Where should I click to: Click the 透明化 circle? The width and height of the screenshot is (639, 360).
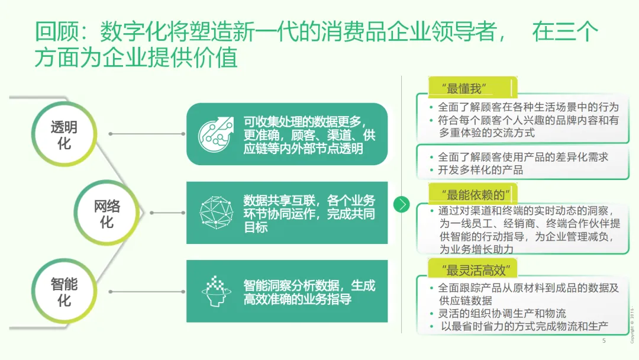pyautogui.click(x=64, y=135)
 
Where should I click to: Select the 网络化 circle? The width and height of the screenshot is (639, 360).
pyautogui.click(x=106, y=213)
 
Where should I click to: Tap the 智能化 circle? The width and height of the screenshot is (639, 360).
pyautogui.click(x=64, y=291)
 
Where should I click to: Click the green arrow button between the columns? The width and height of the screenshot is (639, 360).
pyautogui.click(x=402, y=204)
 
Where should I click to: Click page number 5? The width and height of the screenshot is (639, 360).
pyautogui.click(x=604, y=341)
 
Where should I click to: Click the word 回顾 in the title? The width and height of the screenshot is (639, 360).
pyautogui.click(x=54, y=32)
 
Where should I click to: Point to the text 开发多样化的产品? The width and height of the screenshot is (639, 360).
pyautogui.click(x=480, y=170)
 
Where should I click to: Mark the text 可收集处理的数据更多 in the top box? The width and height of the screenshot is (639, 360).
pyautogui.click(x=304, y=122)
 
